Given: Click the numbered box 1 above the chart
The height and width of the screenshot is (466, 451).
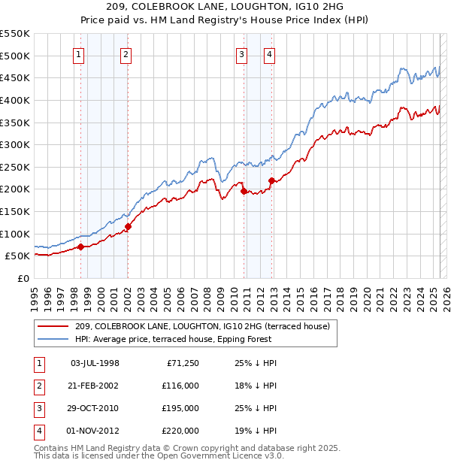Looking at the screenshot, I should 79,54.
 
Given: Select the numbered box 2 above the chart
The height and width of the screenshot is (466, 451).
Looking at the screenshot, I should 126,54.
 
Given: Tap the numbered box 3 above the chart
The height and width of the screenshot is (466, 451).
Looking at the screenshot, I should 241,54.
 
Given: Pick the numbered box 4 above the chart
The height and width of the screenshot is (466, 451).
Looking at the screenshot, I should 268,54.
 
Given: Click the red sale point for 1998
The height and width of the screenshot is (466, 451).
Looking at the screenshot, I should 80,247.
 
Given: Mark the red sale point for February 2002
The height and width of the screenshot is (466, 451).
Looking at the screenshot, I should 128,226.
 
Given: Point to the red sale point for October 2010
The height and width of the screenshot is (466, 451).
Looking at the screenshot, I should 244,191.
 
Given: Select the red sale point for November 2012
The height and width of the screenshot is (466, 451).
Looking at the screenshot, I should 271,180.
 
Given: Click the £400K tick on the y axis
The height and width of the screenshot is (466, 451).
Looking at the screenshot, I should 15,100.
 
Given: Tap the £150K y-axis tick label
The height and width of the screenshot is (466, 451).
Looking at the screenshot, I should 15,211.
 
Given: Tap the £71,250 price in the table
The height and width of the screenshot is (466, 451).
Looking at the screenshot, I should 180,363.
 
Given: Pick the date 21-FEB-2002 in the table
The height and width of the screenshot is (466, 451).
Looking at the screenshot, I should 95,386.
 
